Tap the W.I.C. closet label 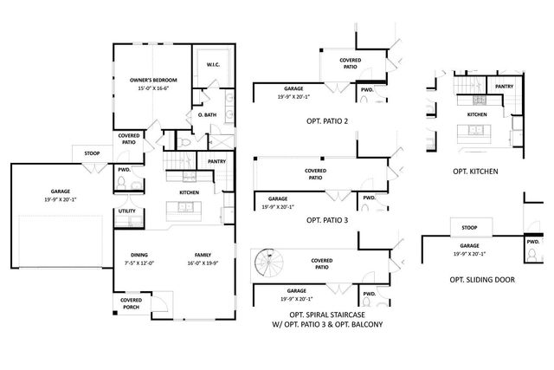tap(213, 66)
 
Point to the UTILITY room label tap(126, 211)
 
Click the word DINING tap(139, 255)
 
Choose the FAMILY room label tap(203, 255)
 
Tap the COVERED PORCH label tap(131, 304)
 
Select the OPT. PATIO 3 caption tap(327, 220)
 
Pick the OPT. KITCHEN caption tap(475, 172)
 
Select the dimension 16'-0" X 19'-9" tap(203, 263)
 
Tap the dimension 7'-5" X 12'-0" tap(139, 263)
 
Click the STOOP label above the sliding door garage tap(469, 229)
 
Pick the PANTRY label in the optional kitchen tap(505, 87)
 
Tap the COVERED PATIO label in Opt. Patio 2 tap(351, 63)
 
